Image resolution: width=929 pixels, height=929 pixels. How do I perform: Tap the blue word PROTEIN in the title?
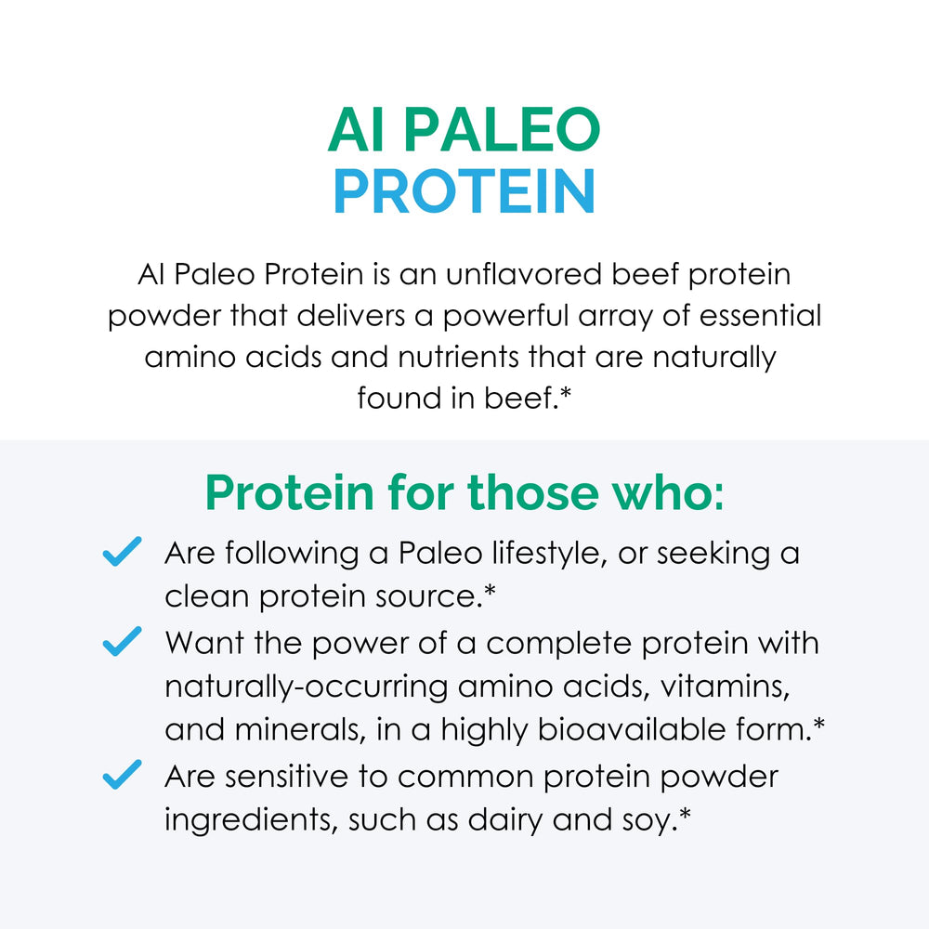pyautogui.click(x=464, y=192)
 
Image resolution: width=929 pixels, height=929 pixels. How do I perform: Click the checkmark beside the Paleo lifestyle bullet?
pyautogui.click(x=122, y=551)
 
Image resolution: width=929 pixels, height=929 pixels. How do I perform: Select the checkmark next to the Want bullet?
pyautogui.click(x=122, y=641)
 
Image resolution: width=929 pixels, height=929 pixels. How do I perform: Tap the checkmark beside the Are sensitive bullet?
pyautogui.click(x=122, y=774)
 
